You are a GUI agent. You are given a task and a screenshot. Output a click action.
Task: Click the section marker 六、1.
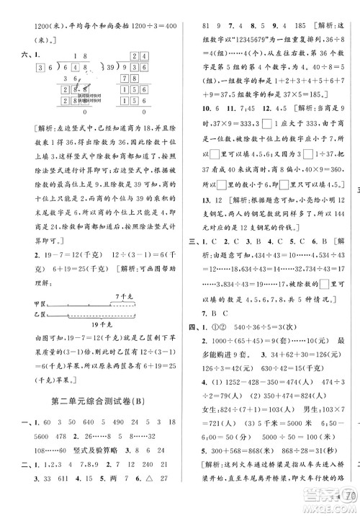click(23, 54)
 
